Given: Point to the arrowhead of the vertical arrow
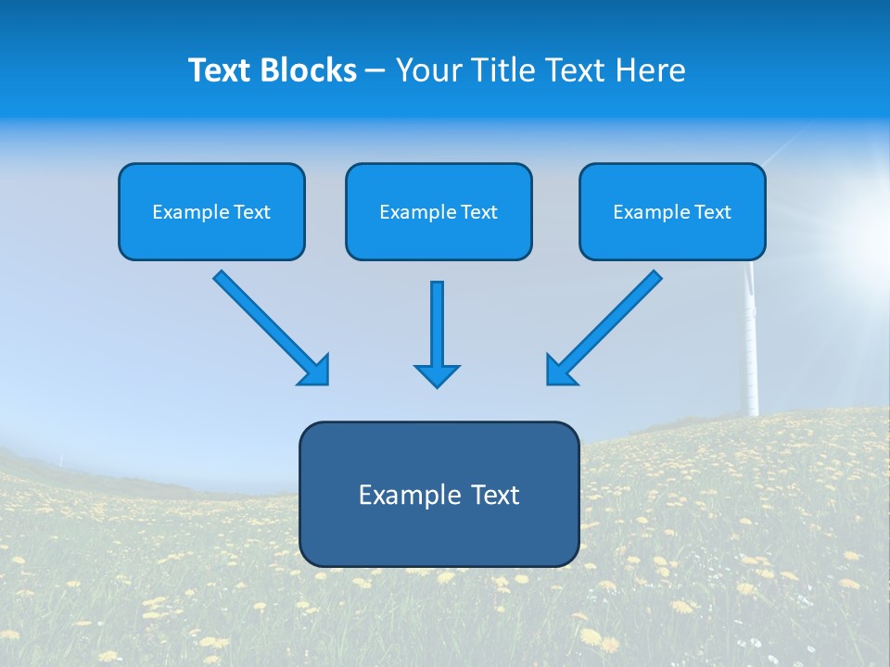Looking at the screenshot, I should click(437, 374).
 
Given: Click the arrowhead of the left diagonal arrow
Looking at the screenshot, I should click(315, 371).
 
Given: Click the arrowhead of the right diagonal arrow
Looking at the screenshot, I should click(560, 371).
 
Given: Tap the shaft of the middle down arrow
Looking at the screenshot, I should click(437, 320).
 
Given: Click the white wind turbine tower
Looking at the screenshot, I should click(751, 352).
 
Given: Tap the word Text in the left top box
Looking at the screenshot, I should click(251, 212).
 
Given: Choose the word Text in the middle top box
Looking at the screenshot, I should click(478, 212).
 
